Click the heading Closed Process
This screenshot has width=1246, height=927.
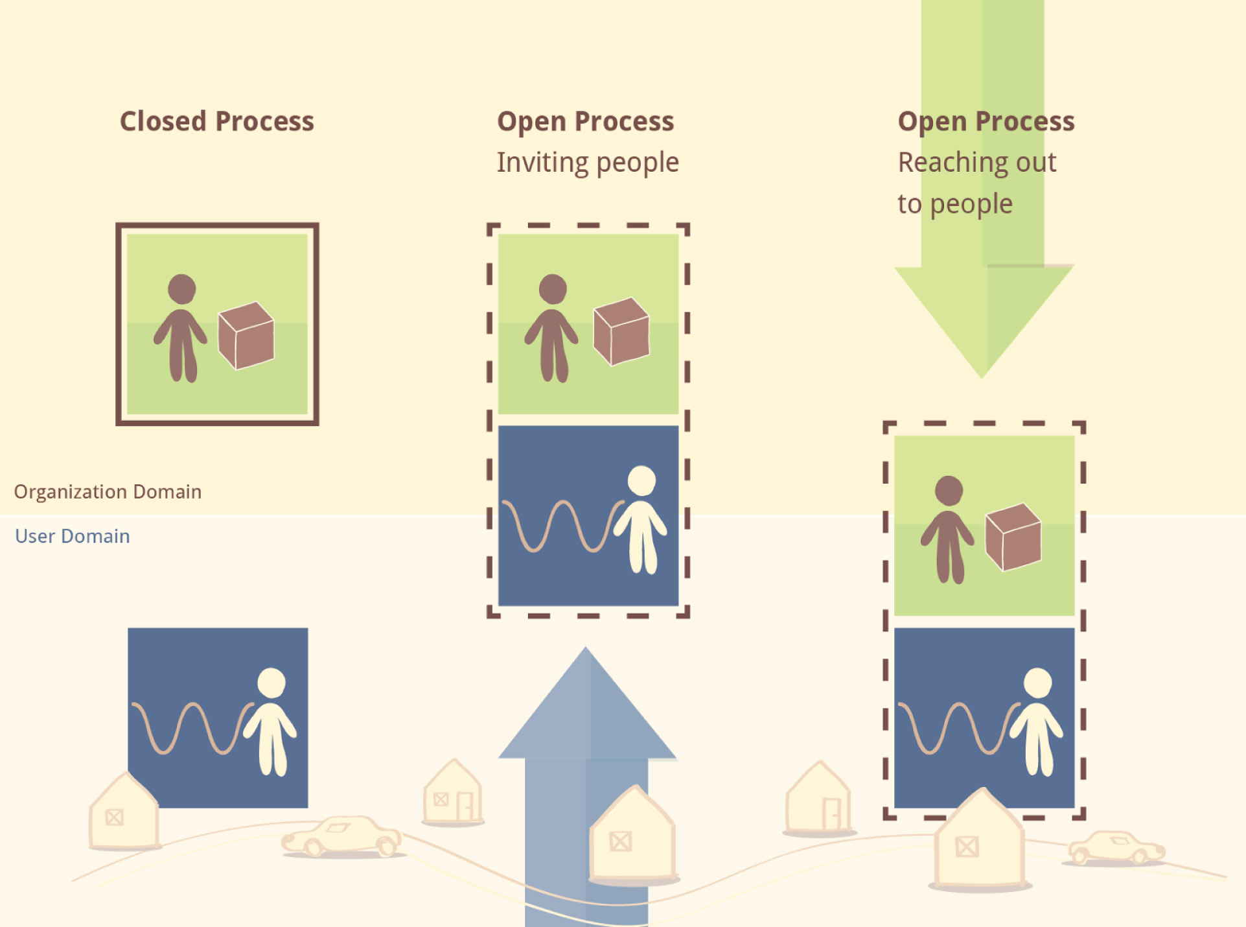point(216,121)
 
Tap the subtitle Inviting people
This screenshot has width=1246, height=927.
point(587,162)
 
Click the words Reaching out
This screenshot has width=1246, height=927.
point(976,162)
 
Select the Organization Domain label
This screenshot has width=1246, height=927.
point(108,491)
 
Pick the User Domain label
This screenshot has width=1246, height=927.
point(72,536)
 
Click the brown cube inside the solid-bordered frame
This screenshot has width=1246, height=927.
point(246,336)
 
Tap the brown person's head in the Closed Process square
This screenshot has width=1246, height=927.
point(182,288)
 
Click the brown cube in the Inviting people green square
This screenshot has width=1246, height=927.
point(621,331)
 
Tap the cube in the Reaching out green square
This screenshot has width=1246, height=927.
point(1013,537)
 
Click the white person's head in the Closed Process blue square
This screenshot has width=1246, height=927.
point(271,683)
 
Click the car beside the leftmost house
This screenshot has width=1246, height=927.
point(342,836)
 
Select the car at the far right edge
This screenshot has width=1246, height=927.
point(1116,847)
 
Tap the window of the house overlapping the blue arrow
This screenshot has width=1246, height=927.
point(620,841)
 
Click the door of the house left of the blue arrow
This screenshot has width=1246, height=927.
point(465,806)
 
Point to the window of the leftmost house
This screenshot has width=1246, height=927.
point(115,817)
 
